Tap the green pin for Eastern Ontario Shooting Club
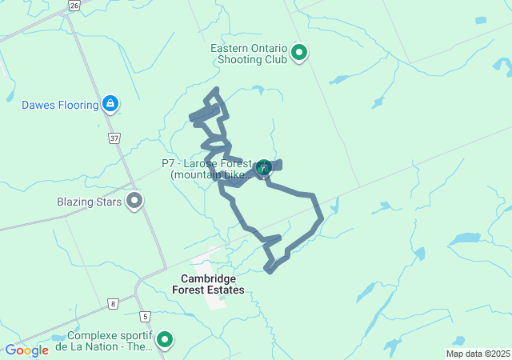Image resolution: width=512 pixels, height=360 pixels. click(x=300, y=54)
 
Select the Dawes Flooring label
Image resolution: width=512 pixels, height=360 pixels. click(x=60, y=105)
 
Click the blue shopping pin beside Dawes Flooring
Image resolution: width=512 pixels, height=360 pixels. click(x=111, y=103)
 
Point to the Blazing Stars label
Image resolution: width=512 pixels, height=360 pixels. click(x=89, y=202)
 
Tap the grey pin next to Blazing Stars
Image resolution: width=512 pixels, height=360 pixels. click(x=134, y=201)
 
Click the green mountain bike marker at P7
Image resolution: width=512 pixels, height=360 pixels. click(x=262, y=167)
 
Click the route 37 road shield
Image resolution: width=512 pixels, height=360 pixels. click(x=114, y=138)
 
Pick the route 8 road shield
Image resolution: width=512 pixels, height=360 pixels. click(x=114, y=303)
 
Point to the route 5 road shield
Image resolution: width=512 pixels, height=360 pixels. click(x=145, y=317)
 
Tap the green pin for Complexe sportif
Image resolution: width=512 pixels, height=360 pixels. click(x=165, y=340)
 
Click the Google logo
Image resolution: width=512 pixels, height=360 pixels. click(x=26, y=350)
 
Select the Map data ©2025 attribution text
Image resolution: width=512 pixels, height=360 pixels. click(x=478, y=354)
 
